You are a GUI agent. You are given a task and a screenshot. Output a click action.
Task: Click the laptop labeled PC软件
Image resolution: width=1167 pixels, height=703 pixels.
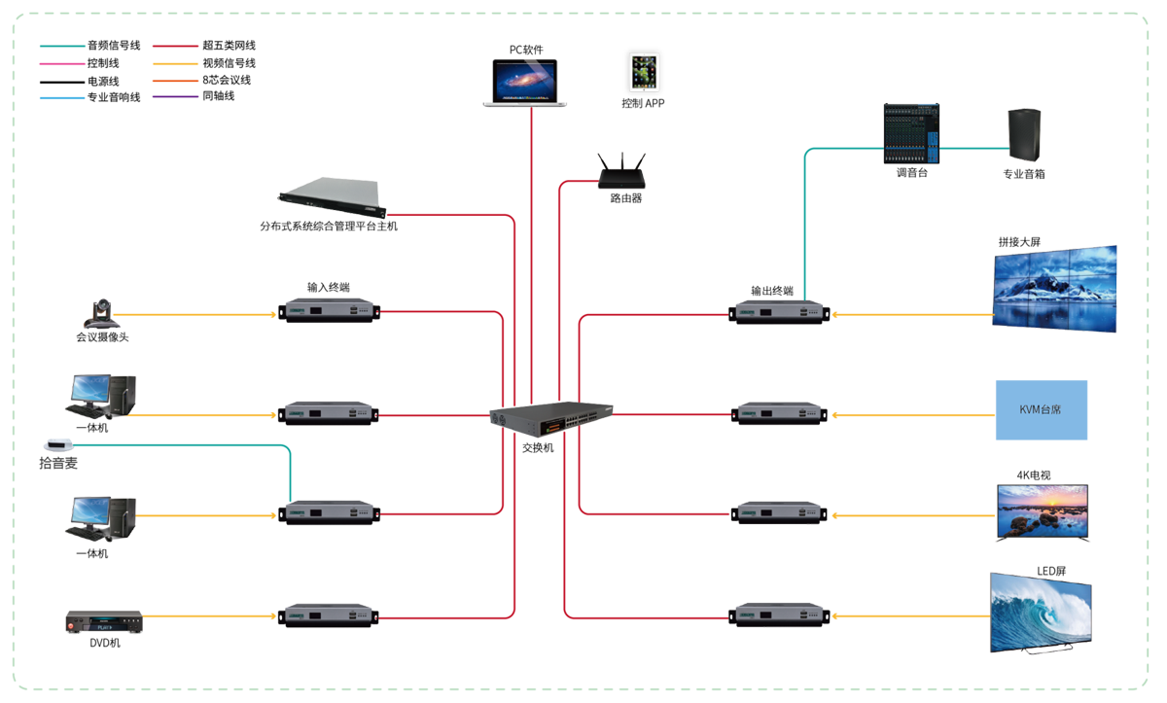[x=525, y=82]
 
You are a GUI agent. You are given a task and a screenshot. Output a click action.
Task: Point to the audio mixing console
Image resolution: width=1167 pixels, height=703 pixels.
[x=911, y=134]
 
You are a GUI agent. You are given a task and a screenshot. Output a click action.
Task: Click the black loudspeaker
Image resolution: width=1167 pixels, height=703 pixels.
[x=1025, y=136]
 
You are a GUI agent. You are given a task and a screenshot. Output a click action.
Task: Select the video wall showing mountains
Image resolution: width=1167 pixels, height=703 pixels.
[x=1054, y=289]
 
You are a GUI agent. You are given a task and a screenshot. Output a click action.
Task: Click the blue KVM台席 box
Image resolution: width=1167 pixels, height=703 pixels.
[x=1041, y=409]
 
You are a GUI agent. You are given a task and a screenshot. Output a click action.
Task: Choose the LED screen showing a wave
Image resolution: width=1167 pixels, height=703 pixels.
[x=1040, y=613]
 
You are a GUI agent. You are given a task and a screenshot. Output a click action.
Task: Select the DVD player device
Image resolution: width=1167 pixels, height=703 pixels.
[x=104, y=620]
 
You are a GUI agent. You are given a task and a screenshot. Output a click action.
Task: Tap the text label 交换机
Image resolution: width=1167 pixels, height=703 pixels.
[x=537, y=448]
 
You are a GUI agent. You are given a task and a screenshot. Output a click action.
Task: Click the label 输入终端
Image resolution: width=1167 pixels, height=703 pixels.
[x=328, y=287]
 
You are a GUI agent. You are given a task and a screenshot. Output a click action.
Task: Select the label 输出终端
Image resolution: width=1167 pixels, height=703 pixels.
[x=771, y=290]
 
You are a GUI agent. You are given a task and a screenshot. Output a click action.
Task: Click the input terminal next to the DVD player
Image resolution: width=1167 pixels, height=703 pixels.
[x=330, y=616]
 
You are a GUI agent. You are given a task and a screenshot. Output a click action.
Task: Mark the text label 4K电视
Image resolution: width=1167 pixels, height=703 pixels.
[x=1033, y=475]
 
